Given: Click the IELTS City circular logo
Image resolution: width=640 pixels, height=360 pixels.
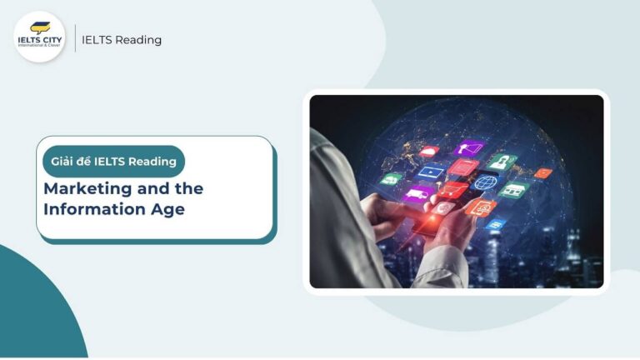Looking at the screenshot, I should tap(39, 37).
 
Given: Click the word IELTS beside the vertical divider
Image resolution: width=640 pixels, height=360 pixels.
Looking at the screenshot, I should tap(97, 40).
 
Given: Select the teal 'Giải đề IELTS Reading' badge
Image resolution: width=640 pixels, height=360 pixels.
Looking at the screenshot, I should tap(113, 162).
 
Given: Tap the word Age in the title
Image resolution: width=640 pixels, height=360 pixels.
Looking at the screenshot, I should tap(167, 208).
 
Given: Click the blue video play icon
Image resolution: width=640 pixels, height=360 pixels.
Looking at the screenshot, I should tap(431, 172).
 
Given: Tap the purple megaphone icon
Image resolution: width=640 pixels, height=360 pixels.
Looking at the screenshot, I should tap(469, 149).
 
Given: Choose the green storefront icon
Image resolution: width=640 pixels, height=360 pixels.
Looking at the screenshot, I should tap(514, 189).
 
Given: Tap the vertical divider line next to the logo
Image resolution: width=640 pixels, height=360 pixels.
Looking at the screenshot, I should tap(75, 38).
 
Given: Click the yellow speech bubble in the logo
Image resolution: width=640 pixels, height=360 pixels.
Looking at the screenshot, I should tap(39, 27).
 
